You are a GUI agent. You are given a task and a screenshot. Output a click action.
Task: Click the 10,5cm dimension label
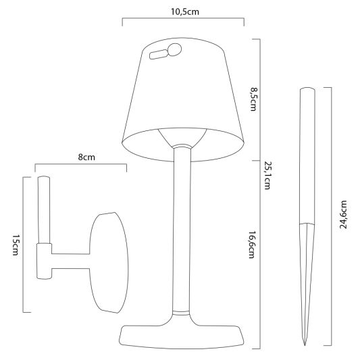(182, 11)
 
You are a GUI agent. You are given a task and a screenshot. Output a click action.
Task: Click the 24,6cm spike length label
(344, 214)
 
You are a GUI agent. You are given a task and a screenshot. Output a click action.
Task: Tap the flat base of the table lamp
(180, 334)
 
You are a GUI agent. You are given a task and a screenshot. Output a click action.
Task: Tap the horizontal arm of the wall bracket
(71, 261)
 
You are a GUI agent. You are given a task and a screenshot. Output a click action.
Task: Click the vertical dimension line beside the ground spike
(331, 216)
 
